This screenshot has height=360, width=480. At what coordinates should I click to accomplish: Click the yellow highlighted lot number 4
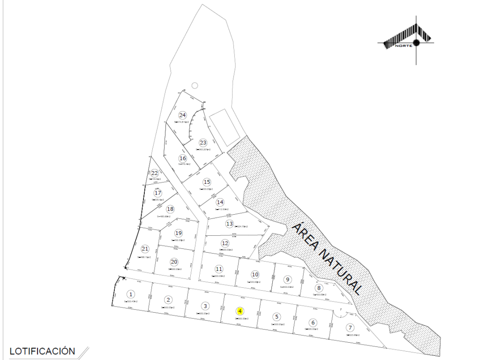(240, 311)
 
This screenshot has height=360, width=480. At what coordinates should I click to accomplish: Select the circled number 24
(183, 115)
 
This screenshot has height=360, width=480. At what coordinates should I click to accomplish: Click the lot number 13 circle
(229, 224)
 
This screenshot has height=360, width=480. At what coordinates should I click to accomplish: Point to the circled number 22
(154, 173)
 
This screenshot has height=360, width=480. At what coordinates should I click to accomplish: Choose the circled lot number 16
(183, 158)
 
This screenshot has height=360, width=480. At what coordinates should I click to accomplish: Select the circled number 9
(288, 279)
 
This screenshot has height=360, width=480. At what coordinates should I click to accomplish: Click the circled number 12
(225, 243)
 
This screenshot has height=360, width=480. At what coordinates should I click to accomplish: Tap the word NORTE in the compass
(403, 46)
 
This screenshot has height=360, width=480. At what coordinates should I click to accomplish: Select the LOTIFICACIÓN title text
(42, 351)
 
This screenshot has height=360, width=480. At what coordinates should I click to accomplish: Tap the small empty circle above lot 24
(195, 85)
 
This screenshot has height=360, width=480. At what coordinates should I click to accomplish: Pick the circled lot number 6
(313, 322)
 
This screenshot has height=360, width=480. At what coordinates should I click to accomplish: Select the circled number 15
(207, 182)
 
